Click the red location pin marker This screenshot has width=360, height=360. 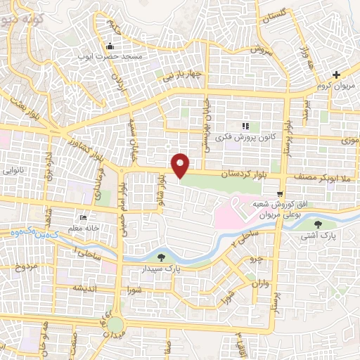181,165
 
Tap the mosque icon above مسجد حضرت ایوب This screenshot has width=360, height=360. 110,46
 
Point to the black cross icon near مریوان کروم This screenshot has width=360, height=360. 337,74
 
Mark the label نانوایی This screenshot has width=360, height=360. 15,171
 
